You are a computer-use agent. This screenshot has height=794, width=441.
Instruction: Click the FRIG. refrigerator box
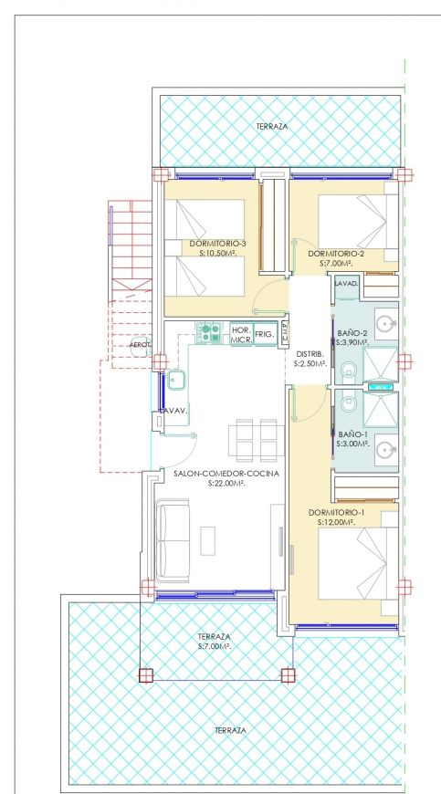265,335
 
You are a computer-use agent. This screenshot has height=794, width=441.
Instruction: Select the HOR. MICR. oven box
241,335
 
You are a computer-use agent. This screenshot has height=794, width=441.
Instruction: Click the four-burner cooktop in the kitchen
209,333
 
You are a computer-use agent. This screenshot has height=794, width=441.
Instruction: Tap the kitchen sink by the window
176,381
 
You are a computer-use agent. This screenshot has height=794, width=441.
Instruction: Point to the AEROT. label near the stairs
141,345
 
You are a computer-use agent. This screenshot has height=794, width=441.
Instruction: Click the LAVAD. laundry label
346,283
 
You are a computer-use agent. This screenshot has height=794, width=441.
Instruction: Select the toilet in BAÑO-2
349,369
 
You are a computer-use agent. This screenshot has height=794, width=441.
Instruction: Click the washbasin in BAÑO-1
387,449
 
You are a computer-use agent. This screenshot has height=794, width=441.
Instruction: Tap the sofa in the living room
173,540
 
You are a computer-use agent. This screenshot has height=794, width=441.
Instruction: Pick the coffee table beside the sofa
207,541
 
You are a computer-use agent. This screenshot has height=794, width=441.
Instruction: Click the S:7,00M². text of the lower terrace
215,647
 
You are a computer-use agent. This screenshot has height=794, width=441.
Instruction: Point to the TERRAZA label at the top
272,127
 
